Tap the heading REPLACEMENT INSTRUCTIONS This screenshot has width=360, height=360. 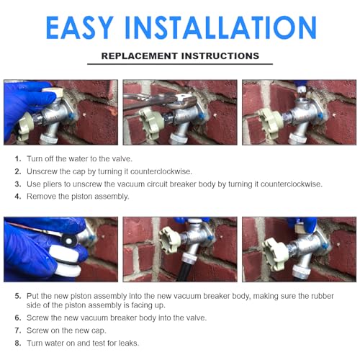point(180,55)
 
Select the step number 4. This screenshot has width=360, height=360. point(17,196)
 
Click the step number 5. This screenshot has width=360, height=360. point(17,295)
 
